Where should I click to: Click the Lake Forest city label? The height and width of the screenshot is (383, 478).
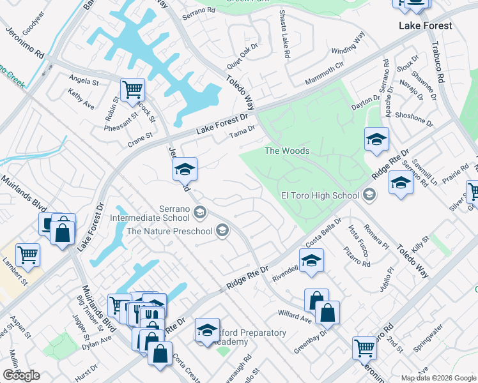(x=425, y=26)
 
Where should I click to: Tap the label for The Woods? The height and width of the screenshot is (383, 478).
(x=287, y=151)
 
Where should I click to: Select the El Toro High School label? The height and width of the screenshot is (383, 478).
(x=320, y=196)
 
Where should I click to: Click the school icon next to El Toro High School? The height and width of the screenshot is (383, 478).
(x=369, y=194)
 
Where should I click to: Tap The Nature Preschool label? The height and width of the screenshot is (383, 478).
(x=169, y=231)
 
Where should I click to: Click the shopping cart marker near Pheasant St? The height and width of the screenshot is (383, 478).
(x=132, y=90)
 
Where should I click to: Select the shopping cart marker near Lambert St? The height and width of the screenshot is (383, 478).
(x=28, y=255)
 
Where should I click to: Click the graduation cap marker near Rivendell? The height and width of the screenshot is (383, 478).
(x=311, y=260)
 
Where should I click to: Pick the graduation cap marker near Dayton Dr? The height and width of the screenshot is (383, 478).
(x=377, y=139)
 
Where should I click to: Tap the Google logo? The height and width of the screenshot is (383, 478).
(x=21, y=375)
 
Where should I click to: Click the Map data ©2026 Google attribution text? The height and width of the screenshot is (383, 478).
(x=438, y=378)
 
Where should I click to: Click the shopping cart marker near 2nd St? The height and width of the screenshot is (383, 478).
(x=364, y=348)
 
